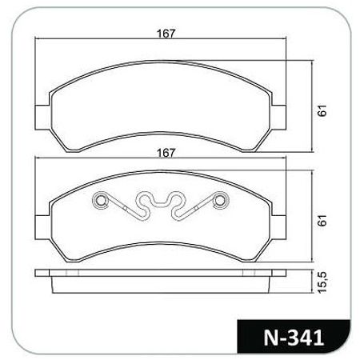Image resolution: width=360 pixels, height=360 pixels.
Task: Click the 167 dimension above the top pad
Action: (166, 34)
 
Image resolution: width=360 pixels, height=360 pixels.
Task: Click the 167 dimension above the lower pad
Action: (166, 153)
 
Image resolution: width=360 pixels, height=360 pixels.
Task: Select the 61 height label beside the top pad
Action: (322, 110)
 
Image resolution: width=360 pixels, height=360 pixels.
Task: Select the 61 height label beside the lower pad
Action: (322, 220)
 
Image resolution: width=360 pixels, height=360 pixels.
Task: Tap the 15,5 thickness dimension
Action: (322, 283)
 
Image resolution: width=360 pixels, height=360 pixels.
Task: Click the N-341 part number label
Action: (294, 338)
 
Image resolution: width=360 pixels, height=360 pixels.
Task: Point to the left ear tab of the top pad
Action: (42, 118)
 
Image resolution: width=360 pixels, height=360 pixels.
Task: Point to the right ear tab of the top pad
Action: (279, 118)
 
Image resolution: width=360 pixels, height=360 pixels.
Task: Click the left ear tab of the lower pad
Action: (42, 227)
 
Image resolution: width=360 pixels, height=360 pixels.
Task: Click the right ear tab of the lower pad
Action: (279, 227)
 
